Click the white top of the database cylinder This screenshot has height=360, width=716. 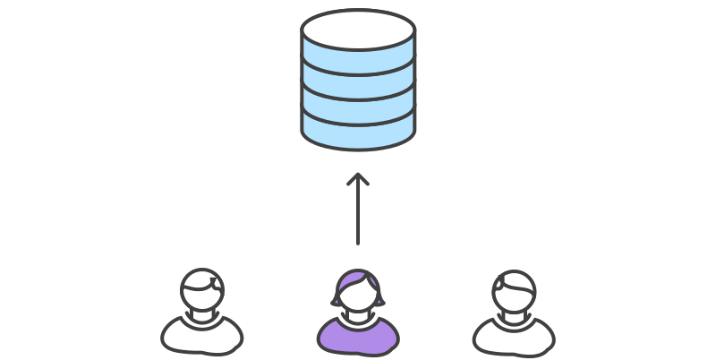(358, 27)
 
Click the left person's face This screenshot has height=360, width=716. (200, 297)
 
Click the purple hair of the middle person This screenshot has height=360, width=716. (357, 279)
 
